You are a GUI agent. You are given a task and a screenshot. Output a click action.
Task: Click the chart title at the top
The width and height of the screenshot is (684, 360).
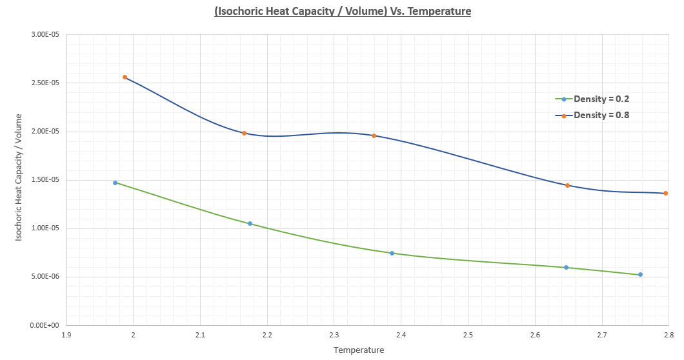343,11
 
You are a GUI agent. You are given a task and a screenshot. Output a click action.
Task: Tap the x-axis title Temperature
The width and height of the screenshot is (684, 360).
359,350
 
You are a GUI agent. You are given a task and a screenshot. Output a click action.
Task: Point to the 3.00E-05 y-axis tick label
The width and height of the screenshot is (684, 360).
45,35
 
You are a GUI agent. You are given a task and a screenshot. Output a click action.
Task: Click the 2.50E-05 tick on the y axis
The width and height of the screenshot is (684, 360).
45,83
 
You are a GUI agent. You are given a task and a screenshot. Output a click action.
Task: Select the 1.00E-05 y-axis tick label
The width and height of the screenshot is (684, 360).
45,228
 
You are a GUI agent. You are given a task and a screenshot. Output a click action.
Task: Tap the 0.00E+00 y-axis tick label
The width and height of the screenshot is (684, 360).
45,325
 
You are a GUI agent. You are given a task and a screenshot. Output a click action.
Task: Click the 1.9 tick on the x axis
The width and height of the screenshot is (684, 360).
66,335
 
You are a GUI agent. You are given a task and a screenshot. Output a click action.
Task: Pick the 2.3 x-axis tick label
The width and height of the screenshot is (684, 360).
334,335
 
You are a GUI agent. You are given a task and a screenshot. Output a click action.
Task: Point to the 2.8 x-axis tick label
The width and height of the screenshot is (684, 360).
669,335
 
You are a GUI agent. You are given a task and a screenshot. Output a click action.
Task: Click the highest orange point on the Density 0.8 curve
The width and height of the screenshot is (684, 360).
125,77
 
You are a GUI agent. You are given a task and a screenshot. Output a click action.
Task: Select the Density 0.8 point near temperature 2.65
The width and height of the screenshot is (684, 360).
567,185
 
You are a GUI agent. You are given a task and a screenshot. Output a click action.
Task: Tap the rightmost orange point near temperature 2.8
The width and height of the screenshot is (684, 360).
665,193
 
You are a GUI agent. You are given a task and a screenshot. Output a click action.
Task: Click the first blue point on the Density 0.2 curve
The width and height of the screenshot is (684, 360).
116,183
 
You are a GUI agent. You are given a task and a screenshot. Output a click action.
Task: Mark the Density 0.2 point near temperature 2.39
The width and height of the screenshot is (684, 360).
392,253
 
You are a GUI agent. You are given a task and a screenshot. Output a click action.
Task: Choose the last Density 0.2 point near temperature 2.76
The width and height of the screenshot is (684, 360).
640,275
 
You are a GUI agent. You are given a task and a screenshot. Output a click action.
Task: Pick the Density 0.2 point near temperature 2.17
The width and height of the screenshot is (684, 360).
250,223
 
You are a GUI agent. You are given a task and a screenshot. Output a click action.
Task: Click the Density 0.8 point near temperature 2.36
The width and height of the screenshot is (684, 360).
374,135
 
